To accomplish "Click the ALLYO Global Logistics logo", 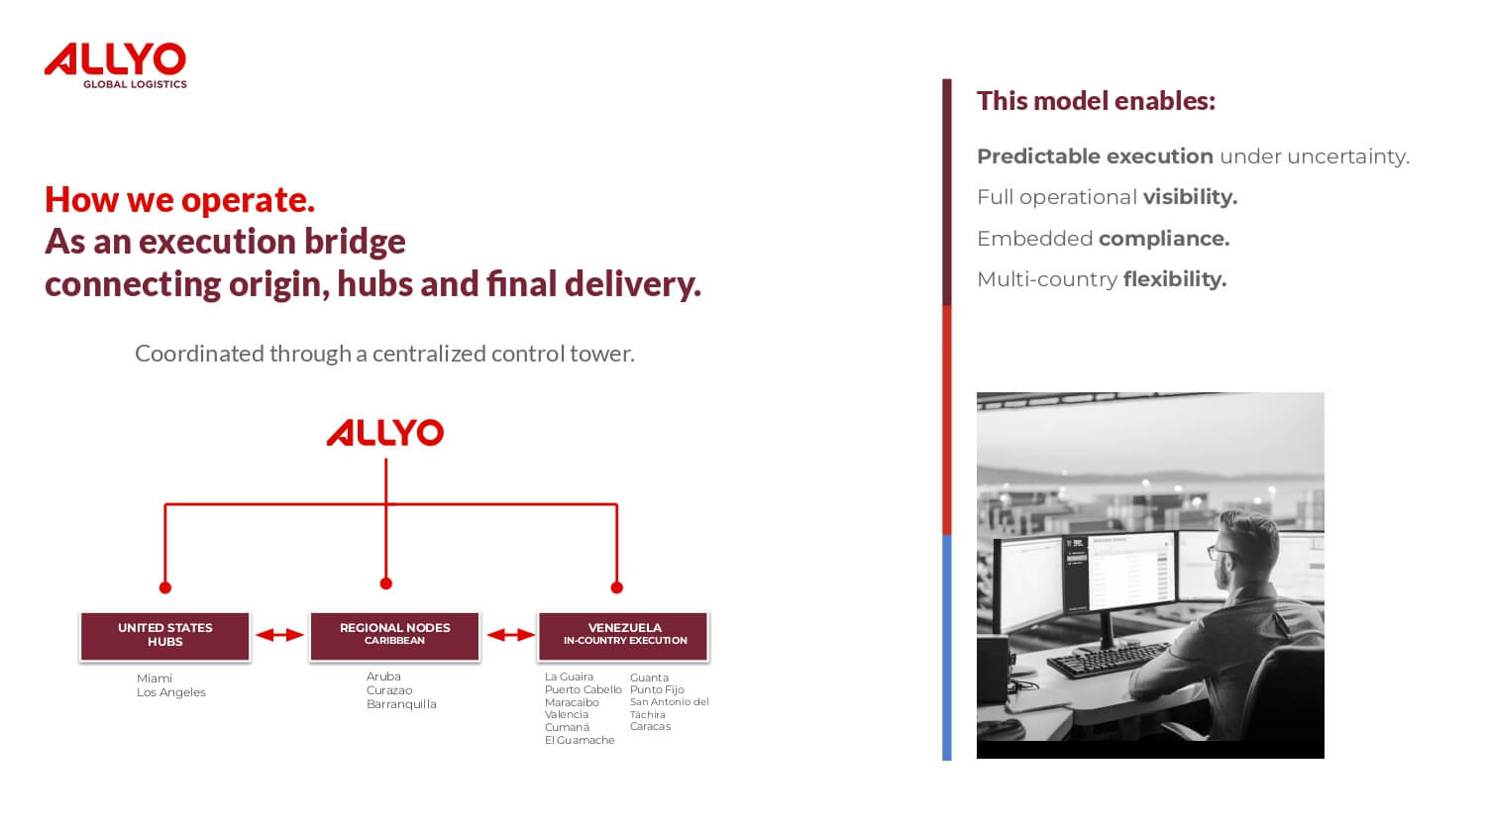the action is (x=116, y=65).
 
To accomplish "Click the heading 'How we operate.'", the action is (x=179, y=200).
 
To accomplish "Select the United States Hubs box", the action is (x=165, y=636).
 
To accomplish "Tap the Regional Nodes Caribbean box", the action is (x=394, y=636).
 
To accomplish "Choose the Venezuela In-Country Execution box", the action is (x=623, y=636).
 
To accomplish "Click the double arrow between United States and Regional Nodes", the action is (x=280, y=635).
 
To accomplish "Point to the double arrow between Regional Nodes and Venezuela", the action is (x=510, y=635).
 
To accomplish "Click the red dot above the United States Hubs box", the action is (x=165, y=587).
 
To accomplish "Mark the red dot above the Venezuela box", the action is (x=617, y=587).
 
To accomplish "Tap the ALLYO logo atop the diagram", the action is (x=384, y=433).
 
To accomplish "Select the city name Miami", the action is (x=154, y=679).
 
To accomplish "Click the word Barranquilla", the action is (x=401, y=704).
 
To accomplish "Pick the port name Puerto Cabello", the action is (x=584, y=689).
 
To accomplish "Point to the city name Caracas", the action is (x=650, y=726).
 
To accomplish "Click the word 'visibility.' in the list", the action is (x=1190, y=197).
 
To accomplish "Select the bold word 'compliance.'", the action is (x=1164, y=239).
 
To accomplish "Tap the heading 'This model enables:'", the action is (x=1096, y=101).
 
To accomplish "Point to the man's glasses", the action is (x=1220, y=552).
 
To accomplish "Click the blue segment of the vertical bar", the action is (x=947, y=648).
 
